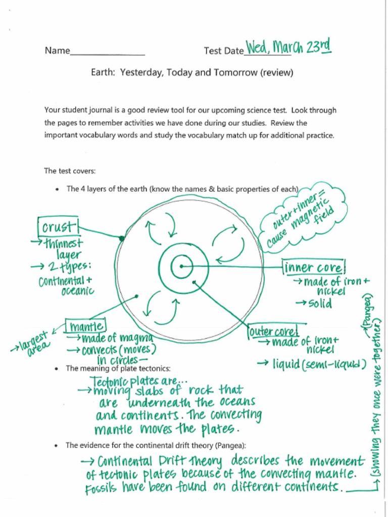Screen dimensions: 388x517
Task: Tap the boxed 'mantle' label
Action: (86, 327)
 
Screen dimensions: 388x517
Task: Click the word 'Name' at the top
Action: (57, 50)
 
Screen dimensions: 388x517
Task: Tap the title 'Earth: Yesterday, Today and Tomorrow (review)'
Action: (192, 73)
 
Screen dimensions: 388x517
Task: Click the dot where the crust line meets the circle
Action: (121, 238)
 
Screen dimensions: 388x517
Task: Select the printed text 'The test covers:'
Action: (70, 171)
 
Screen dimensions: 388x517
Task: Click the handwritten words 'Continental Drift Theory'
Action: (159, 461)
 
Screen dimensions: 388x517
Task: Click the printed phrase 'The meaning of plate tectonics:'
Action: (118, 369)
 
